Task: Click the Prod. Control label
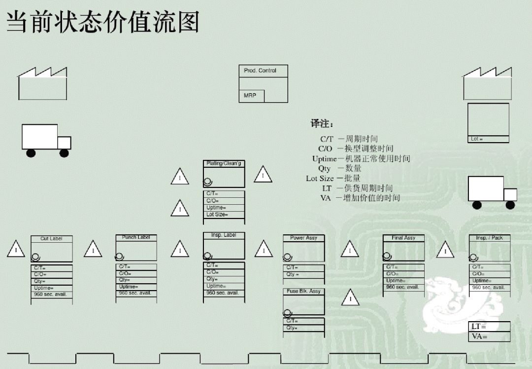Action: pyautogui.click(x=260, y=71)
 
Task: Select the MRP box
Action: pyautogui.click(x=251, y=96)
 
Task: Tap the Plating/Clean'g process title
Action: pyautogui.click(x=224, y=163)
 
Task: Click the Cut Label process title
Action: pyautogui.click(x=51, y=239)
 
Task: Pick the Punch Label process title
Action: pyautogui.click(x=136, y=237)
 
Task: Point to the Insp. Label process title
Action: pyautogui.click(x=224, y=235)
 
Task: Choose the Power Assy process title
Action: pyautogui.click(x=303, y=238)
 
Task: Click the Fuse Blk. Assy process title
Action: pyautogui.click(x=303, y=291)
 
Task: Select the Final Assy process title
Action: pyautogui.click(x=403, y=238)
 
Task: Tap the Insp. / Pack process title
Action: pyautogui.click(x=489, y=238)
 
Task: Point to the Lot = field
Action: pyautogui.click(x=488, y=139)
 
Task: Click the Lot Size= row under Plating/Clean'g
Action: pyautogui.click(x=224, y=215)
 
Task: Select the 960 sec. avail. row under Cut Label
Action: pyautogui.click(x=51, y=295)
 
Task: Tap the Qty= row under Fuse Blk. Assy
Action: pyautogui.click(x=303, y=328)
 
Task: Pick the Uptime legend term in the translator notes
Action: pyautogui.click(x=324, y=158)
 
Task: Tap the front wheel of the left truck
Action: pyautogui.click(x=64, y=153)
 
